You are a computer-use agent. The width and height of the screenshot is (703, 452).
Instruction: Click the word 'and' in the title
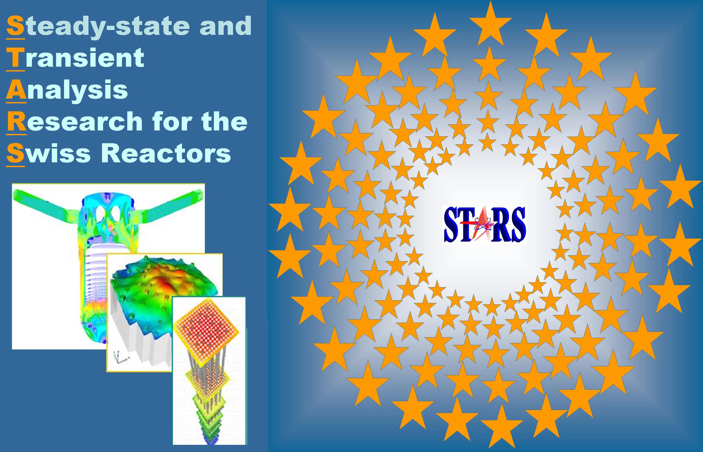coord(225,26)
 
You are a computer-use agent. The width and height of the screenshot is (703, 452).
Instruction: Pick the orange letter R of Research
coord(16,121)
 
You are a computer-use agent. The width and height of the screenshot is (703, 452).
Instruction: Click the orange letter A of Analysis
coord(16,90)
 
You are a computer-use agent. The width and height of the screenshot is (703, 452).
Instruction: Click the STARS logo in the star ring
coord(485,225)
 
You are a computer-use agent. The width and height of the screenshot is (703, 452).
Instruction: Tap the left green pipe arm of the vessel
coord(44,203)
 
